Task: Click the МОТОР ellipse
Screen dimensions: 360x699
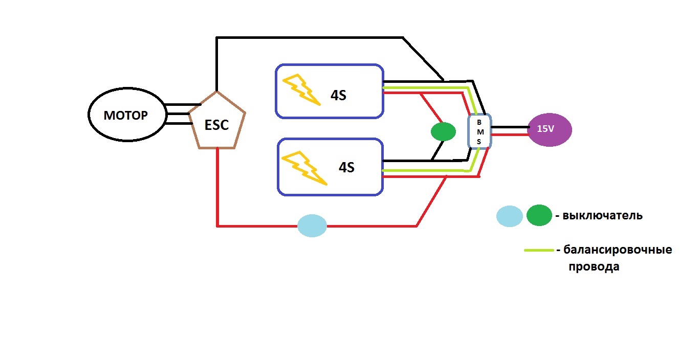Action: click(x=126, y=115)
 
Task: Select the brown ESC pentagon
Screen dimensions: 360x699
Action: click(x=217, y=123)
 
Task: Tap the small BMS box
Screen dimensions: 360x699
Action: click(x=479, y=131)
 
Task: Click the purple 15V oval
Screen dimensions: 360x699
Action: click(x=549, y=129)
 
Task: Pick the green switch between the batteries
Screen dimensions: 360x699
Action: click(x=443, y=131)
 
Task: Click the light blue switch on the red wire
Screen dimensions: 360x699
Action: click(x=312, y=226)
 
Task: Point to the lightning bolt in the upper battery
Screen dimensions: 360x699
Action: click(x=302, y=89)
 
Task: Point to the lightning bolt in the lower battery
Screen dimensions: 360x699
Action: click(x=304, y=167)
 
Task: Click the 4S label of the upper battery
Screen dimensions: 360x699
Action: click(x=338, y=95)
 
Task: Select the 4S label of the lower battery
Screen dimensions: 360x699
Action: click(x=346, y=167)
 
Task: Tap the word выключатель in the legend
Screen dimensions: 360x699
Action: click(x=602, y=215)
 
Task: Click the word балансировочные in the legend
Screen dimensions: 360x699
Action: click(x=618, y=250)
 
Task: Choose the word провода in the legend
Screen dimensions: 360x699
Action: click(x=594, y=267)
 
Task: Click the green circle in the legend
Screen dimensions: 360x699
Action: click(x=539, y=216)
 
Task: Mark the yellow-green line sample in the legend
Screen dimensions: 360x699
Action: click(x=539, y=251)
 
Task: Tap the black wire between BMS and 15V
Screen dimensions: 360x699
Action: click(x=510, y=127)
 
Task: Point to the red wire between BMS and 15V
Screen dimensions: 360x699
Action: click(x=510, y=134)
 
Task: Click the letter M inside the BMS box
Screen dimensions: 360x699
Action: click(x=479, y=131)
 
